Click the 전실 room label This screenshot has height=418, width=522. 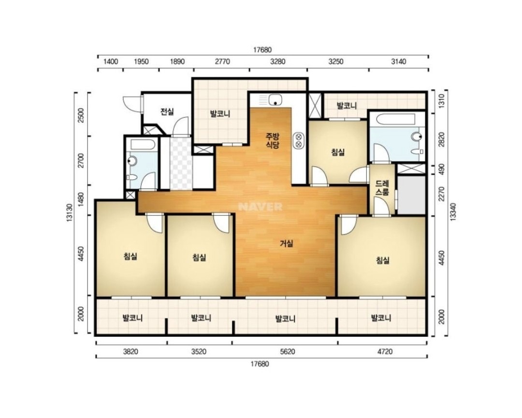coord(167,112)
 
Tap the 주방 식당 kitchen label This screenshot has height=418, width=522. coord(272,141)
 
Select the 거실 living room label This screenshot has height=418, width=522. coord(286,244)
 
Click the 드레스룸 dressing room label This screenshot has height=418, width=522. coord(382,187)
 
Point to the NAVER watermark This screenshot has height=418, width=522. coord(261,207)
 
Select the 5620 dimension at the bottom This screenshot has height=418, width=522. coord(288,351)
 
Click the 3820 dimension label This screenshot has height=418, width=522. coord(130,351)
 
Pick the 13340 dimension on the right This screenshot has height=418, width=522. coord(453,212)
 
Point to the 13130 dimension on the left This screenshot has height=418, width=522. coord(70,213)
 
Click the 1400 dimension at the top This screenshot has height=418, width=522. coord(111,61)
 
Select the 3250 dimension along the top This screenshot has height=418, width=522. coord(335,61)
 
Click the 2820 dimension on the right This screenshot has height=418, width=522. coord(442,139)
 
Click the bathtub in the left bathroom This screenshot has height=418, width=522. coord(143,144)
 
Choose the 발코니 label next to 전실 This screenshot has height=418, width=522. coord(220,114)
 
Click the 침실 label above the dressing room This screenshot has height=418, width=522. coord(337,152)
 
